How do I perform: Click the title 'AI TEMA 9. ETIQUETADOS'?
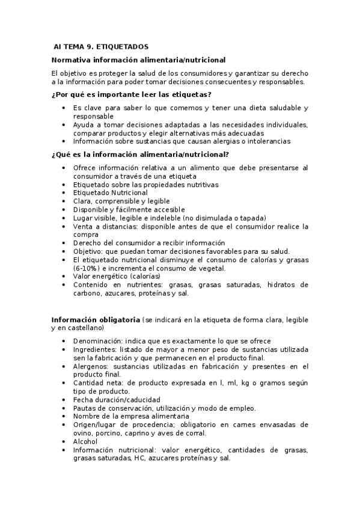click(x=100, y=47)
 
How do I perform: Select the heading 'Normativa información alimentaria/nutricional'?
click(x=138, y=60)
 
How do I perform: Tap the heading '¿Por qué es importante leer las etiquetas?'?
click(x=131, y=95)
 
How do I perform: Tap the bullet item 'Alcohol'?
click(x=85, y=441)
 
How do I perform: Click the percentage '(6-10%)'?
click(x=87, y=268)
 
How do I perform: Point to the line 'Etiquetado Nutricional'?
click(x=110, y=193)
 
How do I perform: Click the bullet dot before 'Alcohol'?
click(x=64, y=441)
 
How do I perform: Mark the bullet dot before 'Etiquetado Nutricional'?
click(x=64, y=193)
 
